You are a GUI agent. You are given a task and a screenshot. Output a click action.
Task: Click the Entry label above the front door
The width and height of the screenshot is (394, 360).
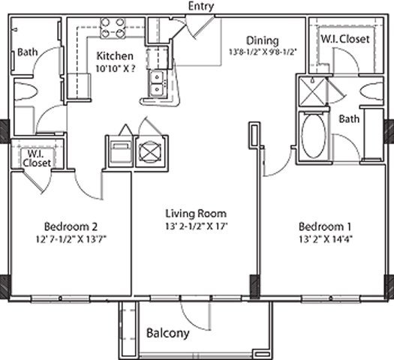pos(201,6)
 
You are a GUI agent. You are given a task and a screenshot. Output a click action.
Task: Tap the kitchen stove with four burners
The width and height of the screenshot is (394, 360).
pos(113,28)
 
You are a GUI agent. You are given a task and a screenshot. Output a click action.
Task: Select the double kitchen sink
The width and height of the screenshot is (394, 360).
pos(158,83)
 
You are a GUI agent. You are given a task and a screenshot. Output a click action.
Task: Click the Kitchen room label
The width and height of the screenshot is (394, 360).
pos(115,56)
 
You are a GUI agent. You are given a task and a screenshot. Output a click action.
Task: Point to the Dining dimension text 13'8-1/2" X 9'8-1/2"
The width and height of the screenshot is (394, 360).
pos(263,52)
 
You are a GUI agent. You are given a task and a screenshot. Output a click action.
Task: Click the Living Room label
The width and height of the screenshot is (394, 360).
pos(196,214)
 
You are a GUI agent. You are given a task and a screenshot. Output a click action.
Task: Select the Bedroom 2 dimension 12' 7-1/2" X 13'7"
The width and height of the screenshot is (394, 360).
pos(71,239)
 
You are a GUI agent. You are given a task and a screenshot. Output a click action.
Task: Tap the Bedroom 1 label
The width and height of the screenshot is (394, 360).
pos(325,226)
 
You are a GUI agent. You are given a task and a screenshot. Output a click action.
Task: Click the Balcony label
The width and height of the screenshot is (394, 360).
pos(167,334)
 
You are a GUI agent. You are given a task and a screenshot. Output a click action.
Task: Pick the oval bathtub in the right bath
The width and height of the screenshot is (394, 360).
pos(314,136)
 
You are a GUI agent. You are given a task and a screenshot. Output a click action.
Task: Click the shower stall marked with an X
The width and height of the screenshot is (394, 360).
pos(312,91)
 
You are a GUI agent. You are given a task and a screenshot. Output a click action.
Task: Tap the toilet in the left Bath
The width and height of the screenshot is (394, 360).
pos(26,91)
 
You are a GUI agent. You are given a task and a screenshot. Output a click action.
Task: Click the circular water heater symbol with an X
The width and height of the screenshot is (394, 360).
pos(150,151)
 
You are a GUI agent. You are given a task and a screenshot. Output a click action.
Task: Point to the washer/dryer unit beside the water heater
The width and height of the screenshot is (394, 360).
pos(121,153)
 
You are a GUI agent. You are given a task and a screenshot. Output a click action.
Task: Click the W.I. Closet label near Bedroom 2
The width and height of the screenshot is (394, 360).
pos(37,158)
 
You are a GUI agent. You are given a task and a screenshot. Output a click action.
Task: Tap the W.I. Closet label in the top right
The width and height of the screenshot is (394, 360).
pos(345,39)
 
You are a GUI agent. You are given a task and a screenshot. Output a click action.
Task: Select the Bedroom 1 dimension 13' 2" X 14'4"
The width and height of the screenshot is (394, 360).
pos(326,239)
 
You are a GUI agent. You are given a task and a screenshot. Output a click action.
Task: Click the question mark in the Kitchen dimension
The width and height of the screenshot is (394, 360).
pos(133,68)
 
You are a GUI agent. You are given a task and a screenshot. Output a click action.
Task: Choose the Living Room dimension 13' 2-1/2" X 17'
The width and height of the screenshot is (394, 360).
pos(196,226)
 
